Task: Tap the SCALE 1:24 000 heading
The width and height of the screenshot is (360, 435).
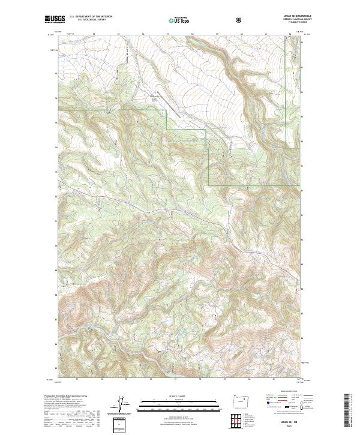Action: point(178,395)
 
